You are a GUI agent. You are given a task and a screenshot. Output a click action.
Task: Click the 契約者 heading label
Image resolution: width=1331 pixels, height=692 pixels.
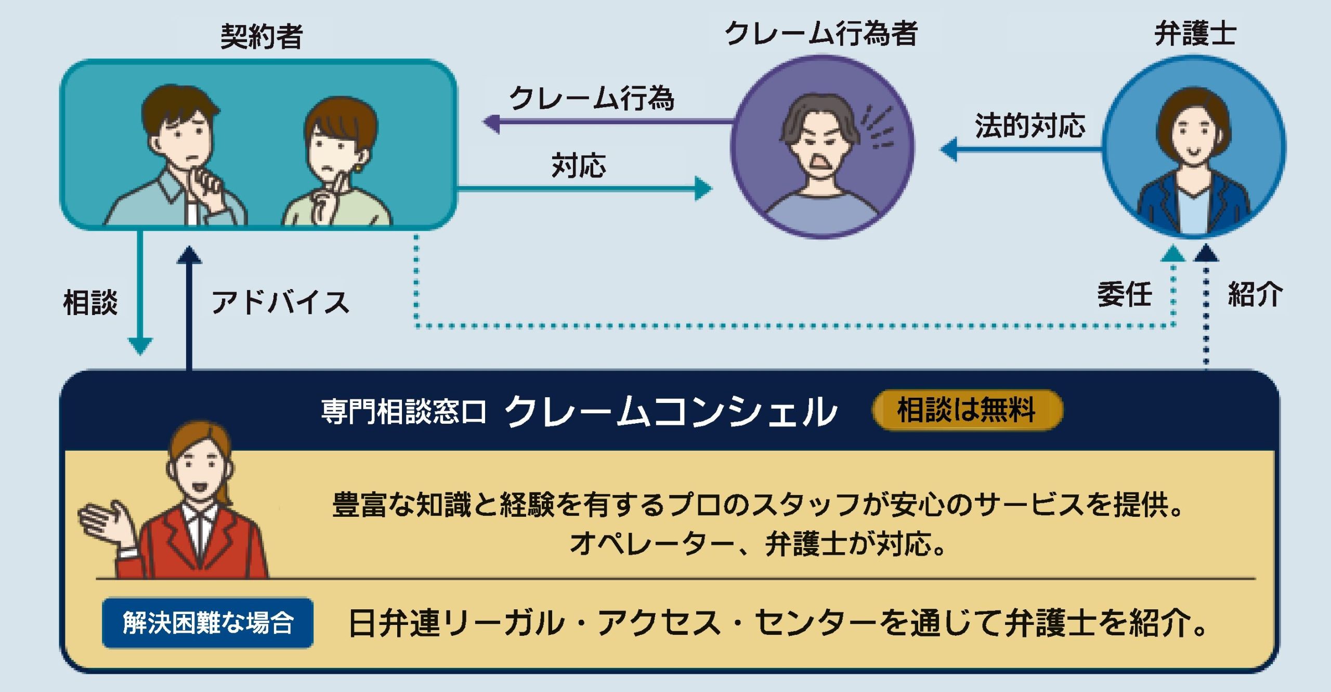(262, 36)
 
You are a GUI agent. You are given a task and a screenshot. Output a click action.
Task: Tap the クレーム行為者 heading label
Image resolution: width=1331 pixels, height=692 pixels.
(821, 34)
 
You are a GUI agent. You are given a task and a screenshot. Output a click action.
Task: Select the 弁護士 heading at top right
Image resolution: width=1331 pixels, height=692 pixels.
(1195, 34)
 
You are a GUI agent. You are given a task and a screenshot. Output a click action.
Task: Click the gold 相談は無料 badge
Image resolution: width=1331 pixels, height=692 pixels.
(967, 410)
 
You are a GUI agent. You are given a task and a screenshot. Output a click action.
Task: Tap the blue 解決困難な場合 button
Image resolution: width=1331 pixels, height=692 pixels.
(207, 622)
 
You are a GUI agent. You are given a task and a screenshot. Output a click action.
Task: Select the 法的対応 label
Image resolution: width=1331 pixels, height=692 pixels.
(1030, 126)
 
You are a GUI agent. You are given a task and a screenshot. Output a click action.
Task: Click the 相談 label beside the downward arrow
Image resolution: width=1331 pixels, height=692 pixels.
(90, 303)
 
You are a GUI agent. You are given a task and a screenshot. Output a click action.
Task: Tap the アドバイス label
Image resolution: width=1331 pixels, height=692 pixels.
(280, 303)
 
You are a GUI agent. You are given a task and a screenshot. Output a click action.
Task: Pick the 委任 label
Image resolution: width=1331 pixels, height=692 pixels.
(1124, 294)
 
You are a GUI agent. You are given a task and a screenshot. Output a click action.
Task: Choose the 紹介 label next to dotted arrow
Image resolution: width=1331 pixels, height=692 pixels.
(1255, 294)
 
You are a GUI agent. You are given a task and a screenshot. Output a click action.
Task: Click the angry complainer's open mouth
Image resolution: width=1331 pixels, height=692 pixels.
(820, 162)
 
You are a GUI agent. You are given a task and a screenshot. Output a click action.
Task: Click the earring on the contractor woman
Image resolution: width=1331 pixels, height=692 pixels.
(358, 168)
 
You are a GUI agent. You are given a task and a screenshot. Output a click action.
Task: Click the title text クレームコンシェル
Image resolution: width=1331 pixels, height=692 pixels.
(671, 412)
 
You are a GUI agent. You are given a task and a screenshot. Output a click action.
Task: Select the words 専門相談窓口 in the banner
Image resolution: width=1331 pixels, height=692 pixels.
(403, 412)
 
